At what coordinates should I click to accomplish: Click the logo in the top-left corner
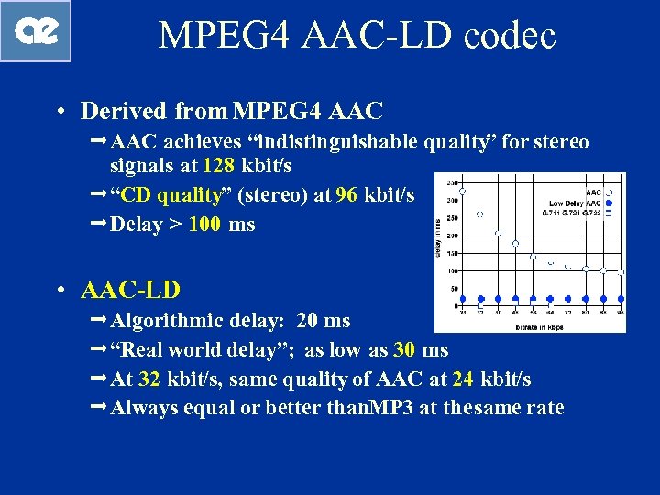point(36,31)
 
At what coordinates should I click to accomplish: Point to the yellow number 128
point(218,166)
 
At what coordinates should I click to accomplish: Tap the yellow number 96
point(346,195)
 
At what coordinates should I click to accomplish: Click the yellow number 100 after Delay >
point(204,225)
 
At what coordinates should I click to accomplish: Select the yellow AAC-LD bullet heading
point(131,291)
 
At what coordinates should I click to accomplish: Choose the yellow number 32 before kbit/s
point(150,379)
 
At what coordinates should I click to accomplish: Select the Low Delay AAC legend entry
point(576,203)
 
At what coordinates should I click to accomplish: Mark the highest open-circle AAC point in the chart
point(462,191)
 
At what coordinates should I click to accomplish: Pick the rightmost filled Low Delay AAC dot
point(621,299)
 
